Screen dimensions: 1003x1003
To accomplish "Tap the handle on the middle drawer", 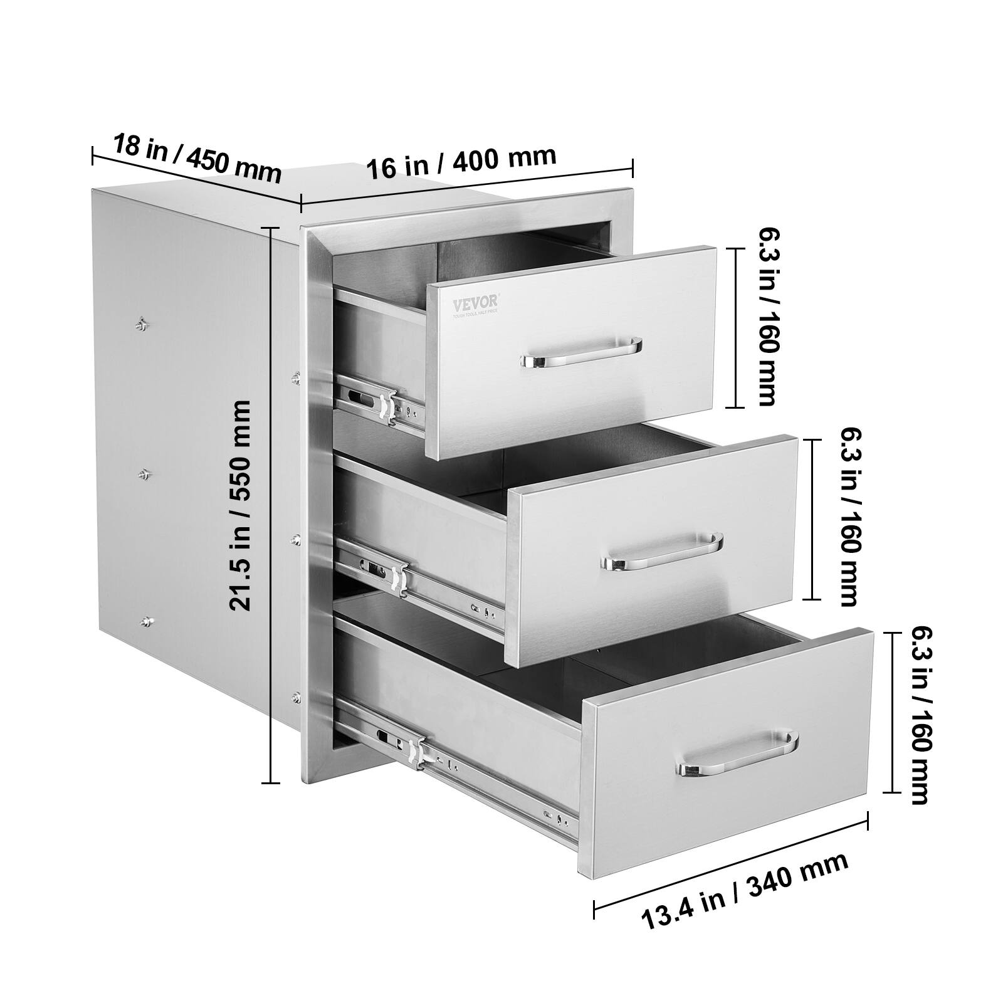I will pyautogui.click(x=662, y=552).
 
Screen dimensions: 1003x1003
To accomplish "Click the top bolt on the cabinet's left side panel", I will pyautogui.click(x=142, y=323).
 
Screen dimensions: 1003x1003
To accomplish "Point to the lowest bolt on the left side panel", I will pyautogui.click(x=147, y=622).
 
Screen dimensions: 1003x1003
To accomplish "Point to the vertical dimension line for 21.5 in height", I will pyautogui.click(x=271, y=505).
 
